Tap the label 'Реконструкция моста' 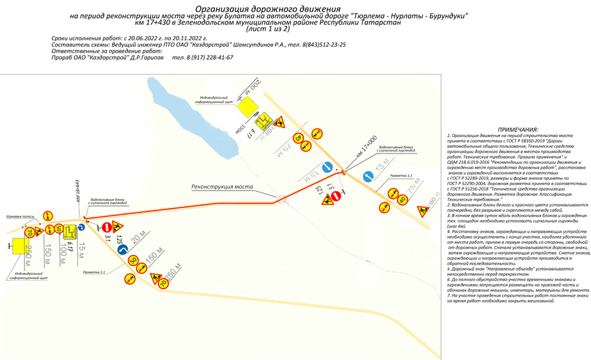(x=222, y=187)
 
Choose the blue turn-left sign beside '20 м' (x=131, y=247)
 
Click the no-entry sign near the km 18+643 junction (x=106, y=227)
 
